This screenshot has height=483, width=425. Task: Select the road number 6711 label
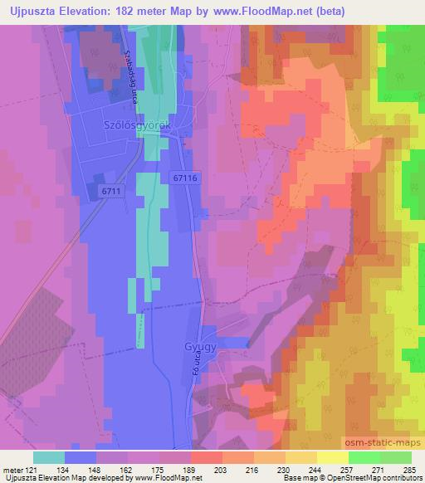[x=112, y=192]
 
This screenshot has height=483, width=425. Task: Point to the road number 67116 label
[x=188, y=178]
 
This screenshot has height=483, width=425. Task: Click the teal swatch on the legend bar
[x=49, y=456]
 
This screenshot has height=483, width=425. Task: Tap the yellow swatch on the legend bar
[x=332, y=456]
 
